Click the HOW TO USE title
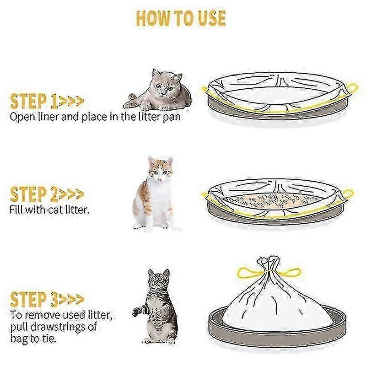pyautogui.click(x=181, y=18)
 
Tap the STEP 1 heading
pyautogui.click(x=47, y=101)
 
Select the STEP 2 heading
pyautogui.click(x=47, y=194)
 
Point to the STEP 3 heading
pyautogui.click(x=47, y=299)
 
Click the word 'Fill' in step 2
pyautogui.click(x=16, y=210)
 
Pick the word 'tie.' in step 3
pyautogui.click(x=48, y=338)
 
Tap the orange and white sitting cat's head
pyautogui.click(x=161, y=170)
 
